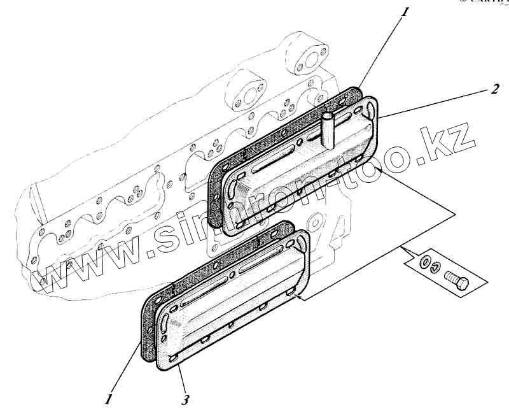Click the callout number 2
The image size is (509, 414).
tap(494, 89)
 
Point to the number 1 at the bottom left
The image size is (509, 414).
tap(109, 399)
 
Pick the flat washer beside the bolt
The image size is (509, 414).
tap(422, 262)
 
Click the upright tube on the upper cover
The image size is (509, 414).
tap(328, 131)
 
